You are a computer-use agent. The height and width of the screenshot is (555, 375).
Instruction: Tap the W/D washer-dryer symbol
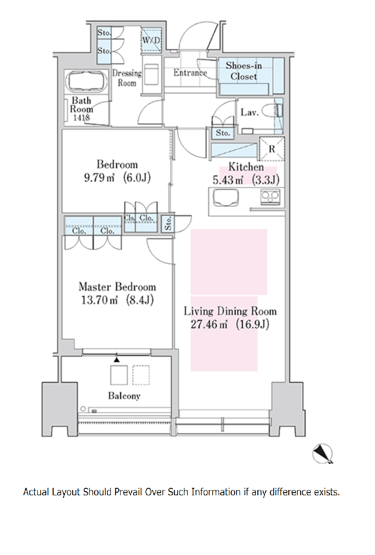tap(151, 41)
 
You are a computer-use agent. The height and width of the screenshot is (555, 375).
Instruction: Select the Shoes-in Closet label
tap(244, 71)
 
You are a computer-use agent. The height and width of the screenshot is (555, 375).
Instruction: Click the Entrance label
tap(190, 73)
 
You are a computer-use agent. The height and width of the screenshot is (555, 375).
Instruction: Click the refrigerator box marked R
tap(272, 149)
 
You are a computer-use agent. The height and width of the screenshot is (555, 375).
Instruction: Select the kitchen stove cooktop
tap(270, 197)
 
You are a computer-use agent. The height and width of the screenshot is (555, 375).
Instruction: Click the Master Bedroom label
tap(117, 287)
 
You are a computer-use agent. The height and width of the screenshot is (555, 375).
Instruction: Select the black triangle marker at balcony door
tap(117, 360)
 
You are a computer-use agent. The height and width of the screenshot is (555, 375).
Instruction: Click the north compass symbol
tap(323, 454)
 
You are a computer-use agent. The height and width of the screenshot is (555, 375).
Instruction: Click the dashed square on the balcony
tap(141, 375)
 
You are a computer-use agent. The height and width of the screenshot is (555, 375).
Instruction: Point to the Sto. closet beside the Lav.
tap(223, 133)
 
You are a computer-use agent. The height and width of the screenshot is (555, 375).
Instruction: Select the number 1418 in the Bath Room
tap(82, 118)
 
